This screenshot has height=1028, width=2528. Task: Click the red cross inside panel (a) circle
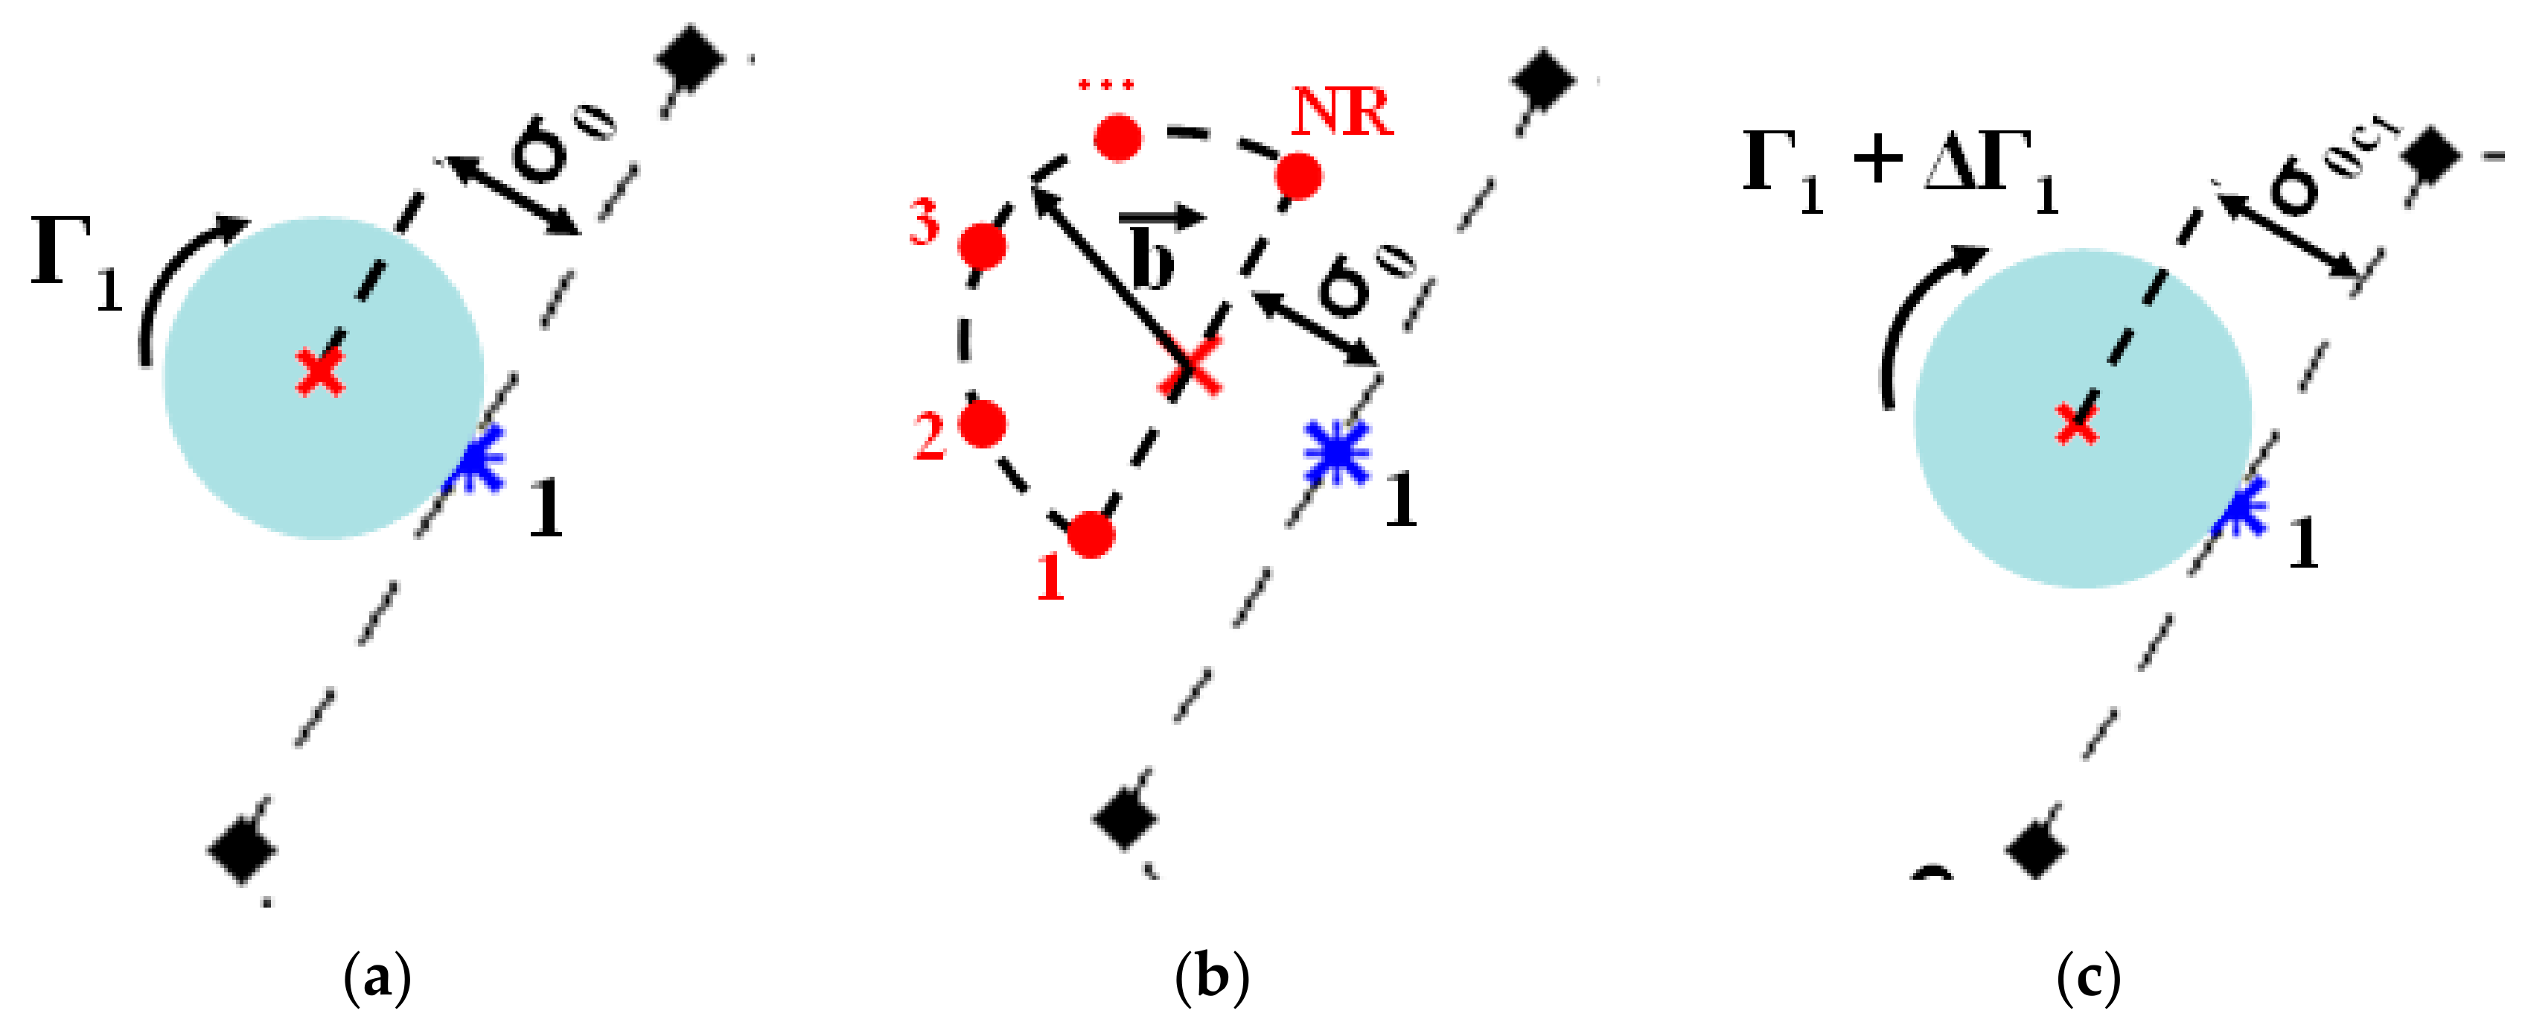click(x=320, y=373)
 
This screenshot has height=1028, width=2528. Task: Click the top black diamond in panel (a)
click(x=691, y=57)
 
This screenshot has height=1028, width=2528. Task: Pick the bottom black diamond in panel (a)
click(x=241, y=847)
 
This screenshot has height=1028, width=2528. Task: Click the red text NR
click(x=1341, y=113)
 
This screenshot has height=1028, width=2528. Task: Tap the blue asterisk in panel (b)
click(x=1335, y=453)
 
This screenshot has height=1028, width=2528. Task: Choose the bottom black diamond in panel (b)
click(x=1125, y=818)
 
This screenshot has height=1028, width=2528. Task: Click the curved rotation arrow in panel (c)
click(x=1914, y=314)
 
